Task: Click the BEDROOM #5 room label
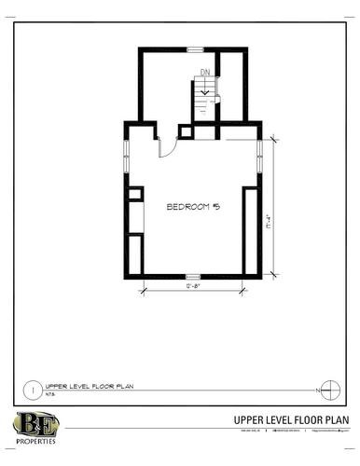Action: (192, 206)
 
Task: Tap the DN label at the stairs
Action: (204, 73)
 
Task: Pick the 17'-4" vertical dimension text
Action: (269, 227)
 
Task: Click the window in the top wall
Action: (195, 48)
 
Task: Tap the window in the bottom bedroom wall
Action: (192, 276)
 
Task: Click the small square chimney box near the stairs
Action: (185, 131)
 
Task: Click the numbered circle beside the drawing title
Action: (34, 388)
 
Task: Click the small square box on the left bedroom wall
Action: (135, 194)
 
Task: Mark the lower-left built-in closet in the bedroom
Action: (135, 253)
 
